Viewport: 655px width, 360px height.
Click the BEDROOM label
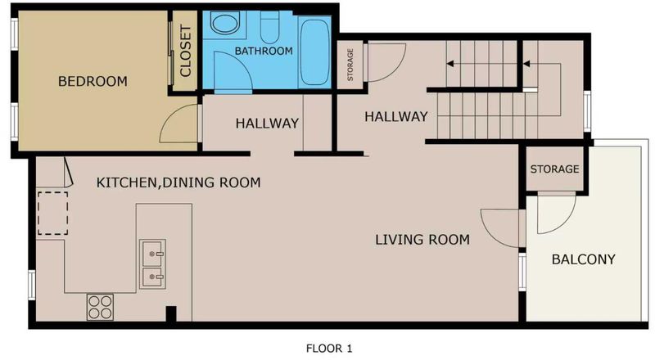click(93, 81)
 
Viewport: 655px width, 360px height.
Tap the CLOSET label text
click(185, 51)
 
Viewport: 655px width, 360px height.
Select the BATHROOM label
click(264, 51)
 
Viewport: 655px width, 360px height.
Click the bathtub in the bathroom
click(315, 52)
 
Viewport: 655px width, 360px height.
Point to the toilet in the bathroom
click(269, 27)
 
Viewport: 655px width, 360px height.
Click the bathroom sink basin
click(224, 22)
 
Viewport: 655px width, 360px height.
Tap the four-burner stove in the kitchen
click(100, 307)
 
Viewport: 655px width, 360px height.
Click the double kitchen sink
click(152, 264)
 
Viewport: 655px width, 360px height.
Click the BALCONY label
click(584, 259)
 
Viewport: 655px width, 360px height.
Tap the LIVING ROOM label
click(422, 240)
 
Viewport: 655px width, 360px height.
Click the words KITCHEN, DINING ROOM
click(178, 182)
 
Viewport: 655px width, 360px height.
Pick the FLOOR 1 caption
click(329, 349)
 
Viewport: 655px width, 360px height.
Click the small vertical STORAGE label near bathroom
click(350, 65)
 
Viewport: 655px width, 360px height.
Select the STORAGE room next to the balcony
click(554, 169)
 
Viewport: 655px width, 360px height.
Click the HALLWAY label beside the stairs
click(396, 116)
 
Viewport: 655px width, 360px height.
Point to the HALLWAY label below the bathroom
click(267, 124)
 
